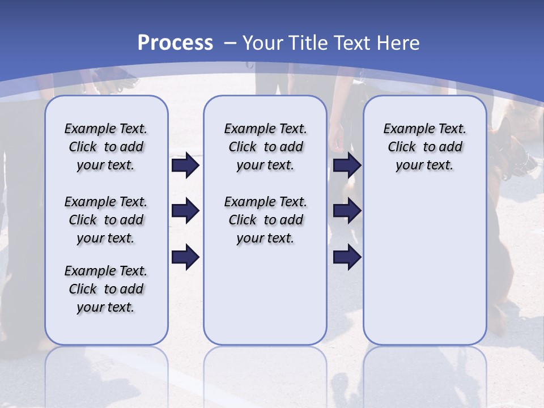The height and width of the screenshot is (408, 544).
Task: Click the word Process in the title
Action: (x=175, y=43)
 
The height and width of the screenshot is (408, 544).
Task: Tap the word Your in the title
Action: (x=263, y=43)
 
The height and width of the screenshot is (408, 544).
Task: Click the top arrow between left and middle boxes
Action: (x=185, y=165)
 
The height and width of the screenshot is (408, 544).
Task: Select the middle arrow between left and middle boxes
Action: (x=185, y=211)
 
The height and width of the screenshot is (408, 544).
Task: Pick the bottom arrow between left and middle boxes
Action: (x=185, y=257)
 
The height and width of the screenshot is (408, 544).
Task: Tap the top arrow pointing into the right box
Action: (x=347, y=165)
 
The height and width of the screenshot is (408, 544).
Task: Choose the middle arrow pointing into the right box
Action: (x=347, y=211)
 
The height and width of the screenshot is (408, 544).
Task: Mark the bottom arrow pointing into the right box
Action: (x=347, y=257)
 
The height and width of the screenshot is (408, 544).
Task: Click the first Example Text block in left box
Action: (x=106, y=147)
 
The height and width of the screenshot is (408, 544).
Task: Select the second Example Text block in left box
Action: (x=106, y=220)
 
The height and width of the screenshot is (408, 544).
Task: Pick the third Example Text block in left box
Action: (x=106, y=289)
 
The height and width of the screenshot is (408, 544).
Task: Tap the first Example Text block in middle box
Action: (x=265, y=147)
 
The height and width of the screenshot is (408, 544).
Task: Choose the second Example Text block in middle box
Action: (x=265, y=220)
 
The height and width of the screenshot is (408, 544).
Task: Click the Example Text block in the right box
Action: (x=424, y=147)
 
